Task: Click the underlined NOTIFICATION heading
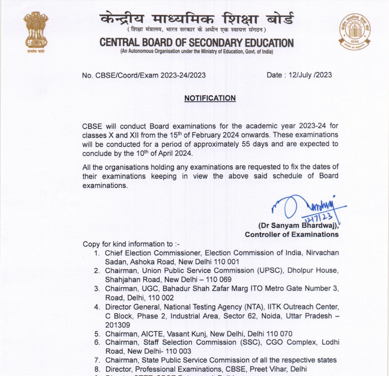pyautogui.click(x=210, y=98)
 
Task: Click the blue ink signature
pyautogui.click(x=308, y=208)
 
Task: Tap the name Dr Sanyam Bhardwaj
pyautogui.click(x=298, y=226)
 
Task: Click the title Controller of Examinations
pyautogui.click(x=291, y=235)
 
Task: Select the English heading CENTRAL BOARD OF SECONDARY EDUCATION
pyautogui.click(x=196, y=43)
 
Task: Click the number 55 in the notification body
pyautogui.click(x=246, y=144)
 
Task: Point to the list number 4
pyautogui.click(x=96, y=307)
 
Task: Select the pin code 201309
pyautogui.click(x=117, y=325)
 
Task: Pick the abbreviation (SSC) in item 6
pyautogui.click(x=251, y=342)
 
